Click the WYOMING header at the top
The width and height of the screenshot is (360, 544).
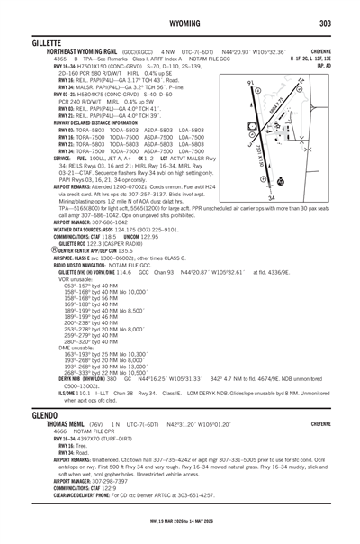click(179, 22)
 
